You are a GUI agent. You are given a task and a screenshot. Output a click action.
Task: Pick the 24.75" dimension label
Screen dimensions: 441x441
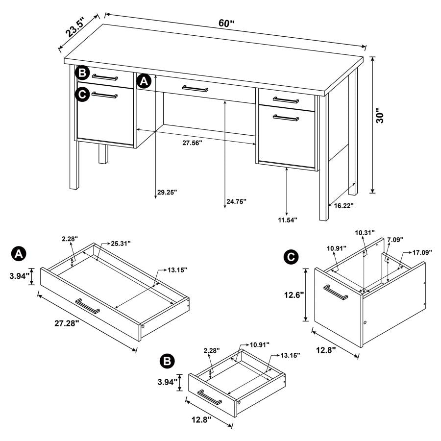236,201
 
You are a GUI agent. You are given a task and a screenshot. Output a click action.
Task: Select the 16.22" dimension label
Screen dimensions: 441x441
343,206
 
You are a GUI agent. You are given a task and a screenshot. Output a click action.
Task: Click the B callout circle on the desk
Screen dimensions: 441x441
82,73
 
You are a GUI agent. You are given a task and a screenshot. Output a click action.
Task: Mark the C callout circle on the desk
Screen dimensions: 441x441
82,94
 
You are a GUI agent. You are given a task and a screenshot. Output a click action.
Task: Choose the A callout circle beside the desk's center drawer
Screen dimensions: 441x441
143,81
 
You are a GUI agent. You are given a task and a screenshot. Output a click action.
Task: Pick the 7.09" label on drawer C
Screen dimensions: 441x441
394,240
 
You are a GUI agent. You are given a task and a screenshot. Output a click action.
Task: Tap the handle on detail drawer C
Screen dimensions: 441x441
335,292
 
